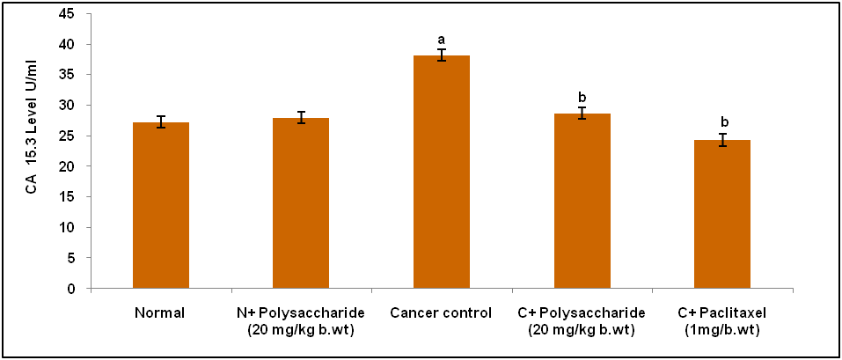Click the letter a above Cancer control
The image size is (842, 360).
coord(442,40)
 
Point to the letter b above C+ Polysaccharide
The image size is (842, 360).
coord(582,97)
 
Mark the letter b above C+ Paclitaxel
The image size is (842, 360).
coord(722,122)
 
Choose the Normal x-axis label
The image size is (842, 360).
coord(160,312)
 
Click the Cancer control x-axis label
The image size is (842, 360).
coord(442,312)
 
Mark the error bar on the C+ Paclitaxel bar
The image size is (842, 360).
coord(722,140)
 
